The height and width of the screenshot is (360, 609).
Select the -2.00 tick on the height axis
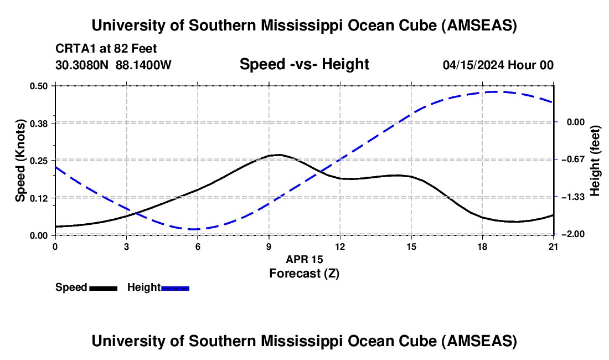573,234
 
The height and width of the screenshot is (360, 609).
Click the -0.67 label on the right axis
573,159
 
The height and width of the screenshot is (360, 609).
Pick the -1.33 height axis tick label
573,197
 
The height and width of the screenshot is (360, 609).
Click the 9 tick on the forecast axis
269,246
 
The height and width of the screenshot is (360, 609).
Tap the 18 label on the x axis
482,246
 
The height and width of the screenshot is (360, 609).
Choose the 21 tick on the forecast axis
553,246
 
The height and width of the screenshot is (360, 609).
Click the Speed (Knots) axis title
20,161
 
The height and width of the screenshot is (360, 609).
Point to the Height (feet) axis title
595,161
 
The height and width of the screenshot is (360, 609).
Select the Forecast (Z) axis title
304,274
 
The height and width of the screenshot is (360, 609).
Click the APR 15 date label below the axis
304,259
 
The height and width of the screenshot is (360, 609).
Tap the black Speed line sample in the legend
104,289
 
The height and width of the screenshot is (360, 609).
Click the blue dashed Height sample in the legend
175,289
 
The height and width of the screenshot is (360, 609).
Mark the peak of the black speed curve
279,155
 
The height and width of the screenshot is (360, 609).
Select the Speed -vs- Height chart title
304,64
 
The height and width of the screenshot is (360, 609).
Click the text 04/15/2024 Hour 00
498,65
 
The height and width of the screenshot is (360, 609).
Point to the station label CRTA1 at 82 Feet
106,49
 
